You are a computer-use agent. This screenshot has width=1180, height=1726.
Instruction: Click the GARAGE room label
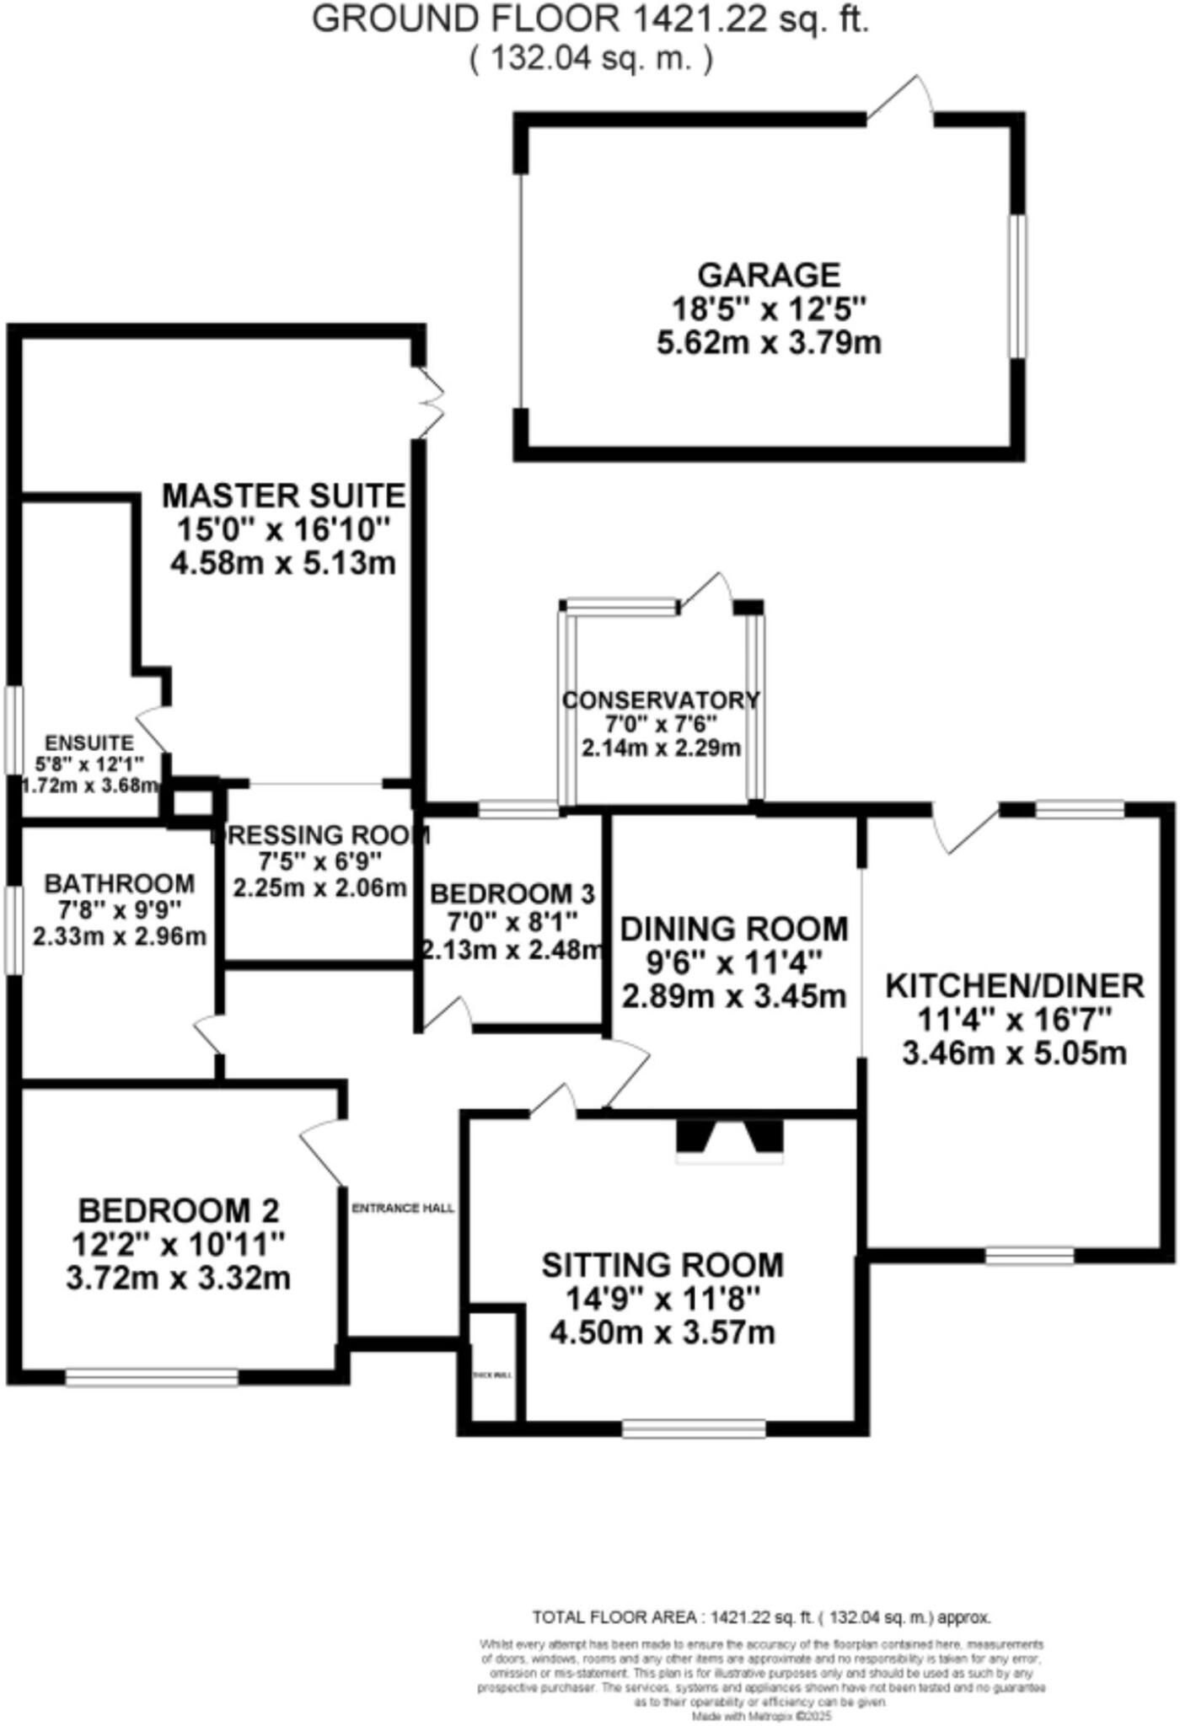click(769, 276)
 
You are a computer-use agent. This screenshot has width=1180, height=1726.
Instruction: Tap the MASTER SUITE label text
click(283, 495)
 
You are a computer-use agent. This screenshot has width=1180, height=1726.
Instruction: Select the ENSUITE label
click(88, 742)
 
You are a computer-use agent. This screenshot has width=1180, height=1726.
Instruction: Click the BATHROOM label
click(119, 883)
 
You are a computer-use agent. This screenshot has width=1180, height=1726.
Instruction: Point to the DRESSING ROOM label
click(320, 835)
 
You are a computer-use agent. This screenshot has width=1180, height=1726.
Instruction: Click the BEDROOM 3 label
click(512, 892)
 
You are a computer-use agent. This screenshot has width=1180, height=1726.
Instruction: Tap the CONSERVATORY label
click(661, 700)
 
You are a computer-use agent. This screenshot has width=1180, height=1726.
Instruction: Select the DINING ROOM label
click(733, 929)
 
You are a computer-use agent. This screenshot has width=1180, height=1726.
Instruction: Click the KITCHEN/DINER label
click(1014, 985)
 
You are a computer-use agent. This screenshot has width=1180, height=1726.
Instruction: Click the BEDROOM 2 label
click(178, 1210)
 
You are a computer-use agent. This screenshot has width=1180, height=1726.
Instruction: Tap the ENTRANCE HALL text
click(403, 1208)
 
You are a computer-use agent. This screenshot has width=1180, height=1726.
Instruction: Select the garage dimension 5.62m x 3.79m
click(769, 343)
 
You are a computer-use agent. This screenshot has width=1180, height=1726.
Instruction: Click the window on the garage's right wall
click(1019, 287)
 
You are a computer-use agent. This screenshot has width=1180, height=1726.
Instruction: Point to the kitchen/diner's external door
click(965, 830)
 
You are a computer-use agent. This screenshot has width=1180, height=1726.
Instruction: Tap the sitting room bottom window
click(694, 1428)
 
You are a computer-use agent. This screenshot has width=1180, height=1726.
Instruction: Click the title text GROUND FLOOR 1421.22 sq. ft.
click(590, 19)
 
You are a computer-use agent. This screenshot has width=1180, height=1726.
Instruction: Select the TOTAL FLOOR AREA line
click(761, 1617)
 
